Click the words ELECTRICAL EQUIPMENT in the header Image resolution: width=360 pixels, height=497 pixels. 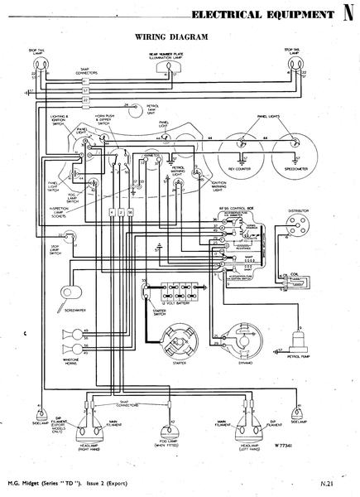tap(260, 15)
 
